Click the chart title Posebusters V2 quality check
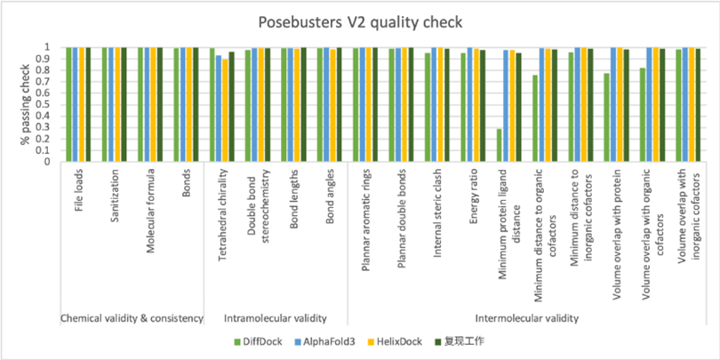click(359, 21)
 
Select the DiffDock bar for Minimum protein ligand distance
click(499, 146)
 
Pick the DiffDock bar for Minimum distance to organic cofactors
click(534, 118)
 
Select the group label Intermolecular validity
click(526, 317)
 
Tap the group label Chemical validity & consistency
click(132, 317)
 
